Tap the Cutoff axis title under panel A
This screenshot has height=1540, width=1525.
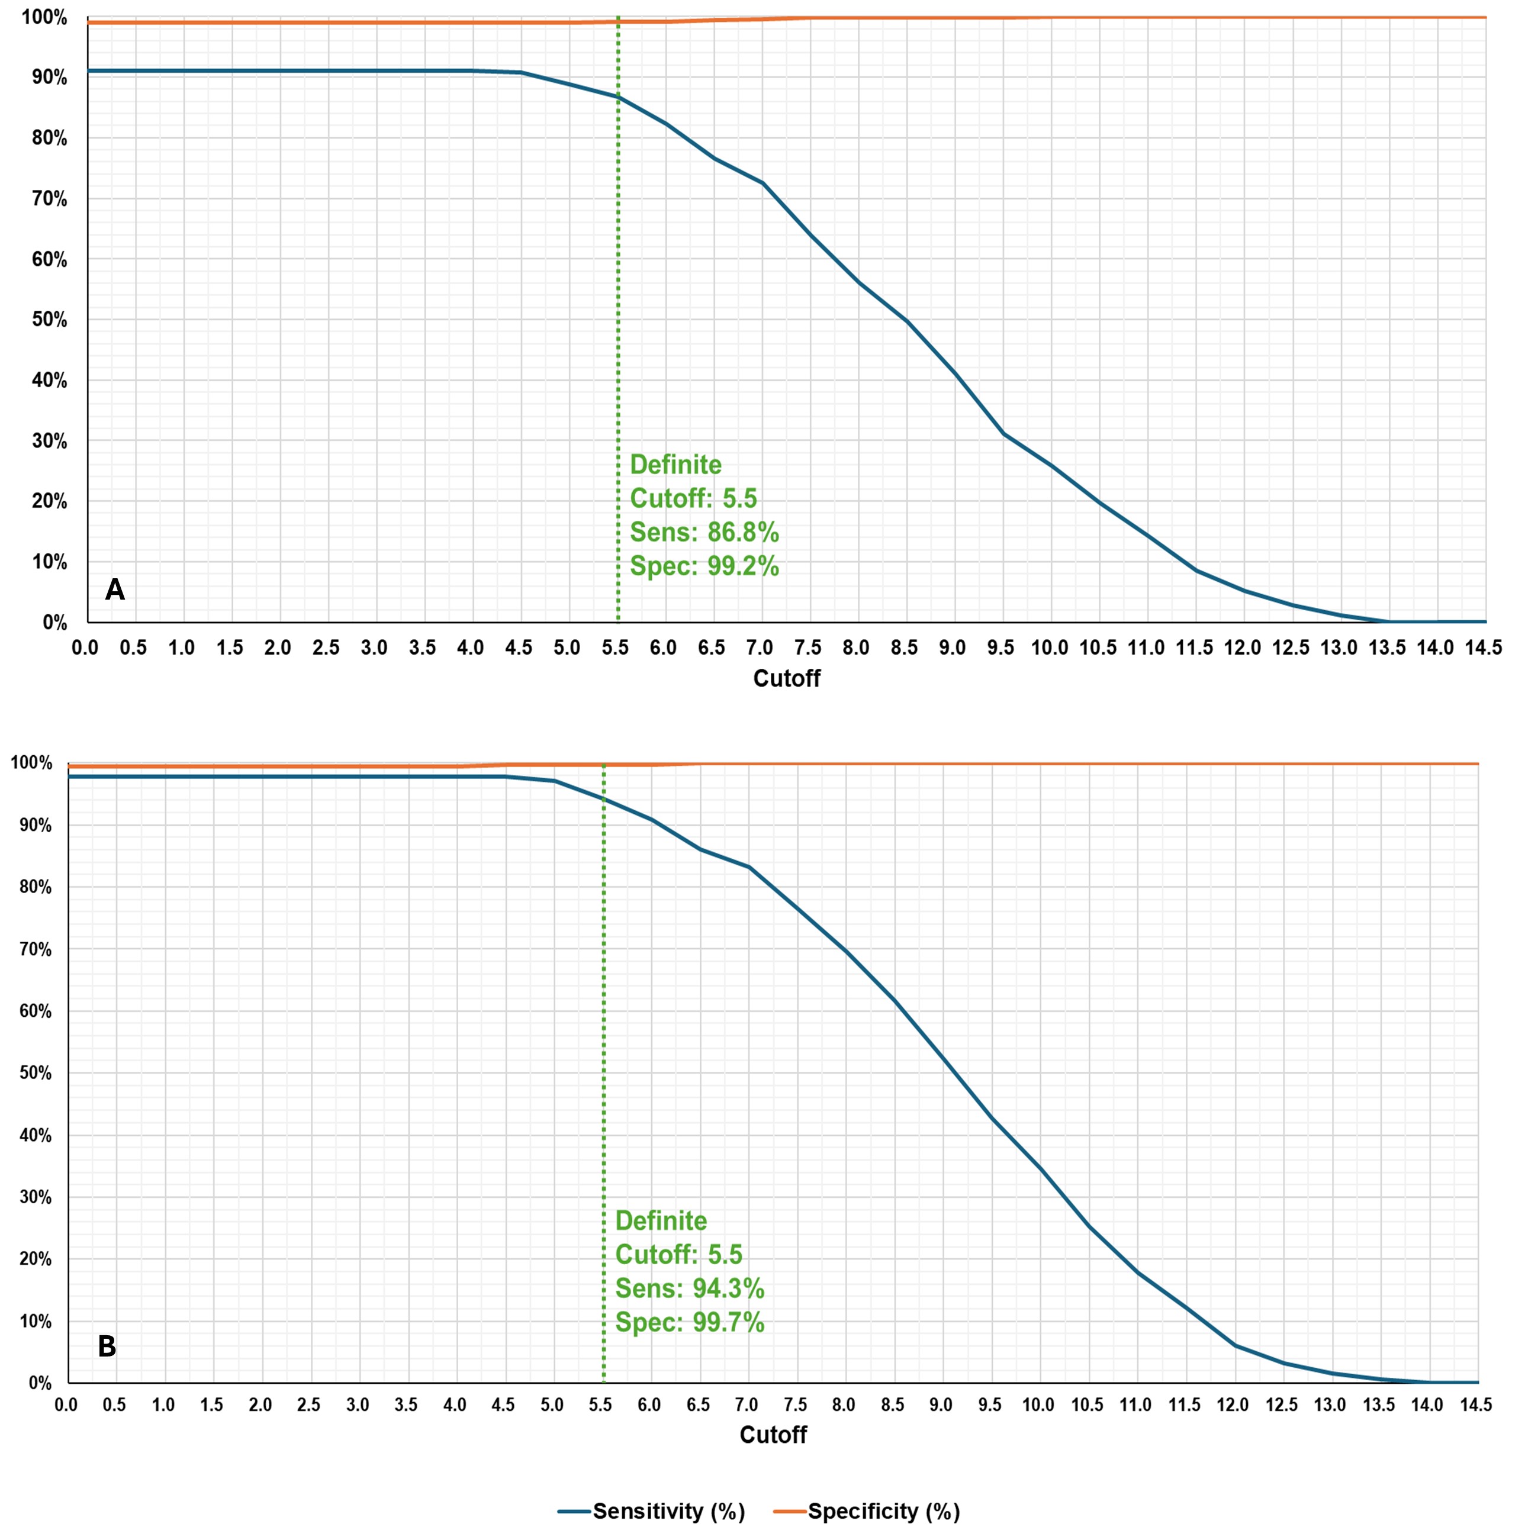(x=786, y=678)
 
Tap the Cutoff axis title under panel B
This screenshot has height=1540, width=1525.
(x=773, y=1435)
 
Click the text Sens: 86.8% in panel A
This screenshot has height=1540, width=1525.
(x=704, y=531)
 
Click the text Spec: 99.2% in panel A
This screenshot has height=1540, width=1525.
(x=704, y=566)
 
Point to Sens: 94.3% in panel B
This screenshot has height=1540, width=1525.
(x=690, y=1288)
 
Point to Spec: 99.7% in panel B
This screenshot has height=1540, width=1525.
(x=690, y=1322)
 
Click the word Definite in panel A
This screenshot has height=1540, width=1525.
(x=675, y=465)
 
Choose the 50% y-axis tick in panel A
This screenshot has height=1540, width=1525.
(x=49, y=320)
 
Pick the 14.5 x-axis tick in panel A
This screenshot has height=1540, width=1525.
(x=1483, y=647)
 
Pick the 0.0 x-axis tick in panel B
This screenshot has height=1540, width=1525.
(x=66, y=1404)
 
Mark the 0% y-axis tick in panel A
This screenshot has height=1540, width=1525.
(x=54, y=623)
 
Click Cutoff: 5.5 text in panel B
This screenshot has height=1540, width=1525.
(x=678, y=1255)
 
